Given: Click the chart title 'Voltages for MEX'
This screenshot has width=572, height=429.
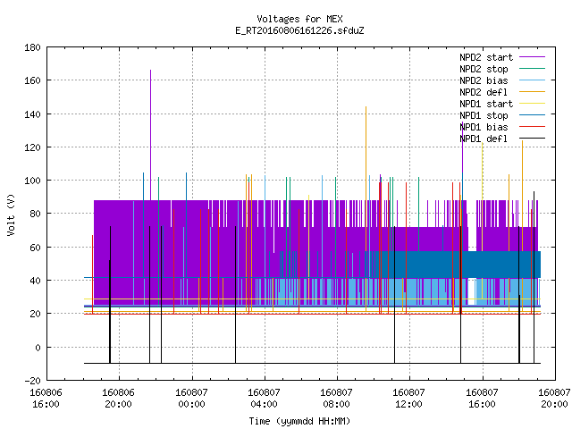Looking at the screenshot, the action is (x=299, y=19).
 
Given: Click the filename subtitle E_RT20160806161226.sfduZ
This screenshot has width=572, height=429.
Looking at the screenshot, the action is (x=299, y=30).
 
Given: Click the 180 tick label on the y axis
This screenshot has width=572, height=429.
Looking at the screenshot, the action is (x=32, y=47).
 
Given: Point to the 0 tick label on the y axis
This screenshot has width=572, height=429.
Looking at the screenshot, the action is (x=38, y=348).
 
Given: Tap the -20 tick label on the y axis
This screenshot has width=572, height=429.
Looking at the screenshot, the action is (x=32, y=381).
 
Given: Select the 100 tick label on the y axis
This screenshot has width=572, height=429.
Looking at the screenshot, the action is (x=32, y=181).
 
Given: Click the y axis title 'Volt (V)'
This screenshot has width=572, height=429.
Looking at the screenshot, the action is (x=11, y=214).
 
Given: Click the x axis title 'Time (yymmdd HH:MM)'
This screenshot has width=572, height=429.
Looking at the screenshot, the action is (x=299, y=421).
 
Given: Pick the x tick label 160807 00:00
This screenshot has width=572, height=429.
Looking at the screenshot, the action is (x=191, y=399).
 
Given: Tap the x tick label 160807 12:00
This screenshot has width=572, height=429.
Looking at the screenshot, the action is (x=408, y=399).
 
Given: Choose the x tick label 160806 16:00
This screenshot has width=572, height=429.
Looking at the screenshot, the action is (x=46, y=399).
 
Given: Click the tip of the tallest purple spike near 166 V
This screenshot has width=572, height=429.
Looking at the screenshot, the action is (x=151, y=70).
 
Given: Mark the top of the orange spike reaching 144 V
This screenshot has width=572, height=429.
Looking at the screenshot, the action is (x=366, y=107).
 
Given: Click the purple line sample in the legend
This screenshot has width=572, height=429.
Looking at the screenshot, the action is (x=532, y=57).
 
